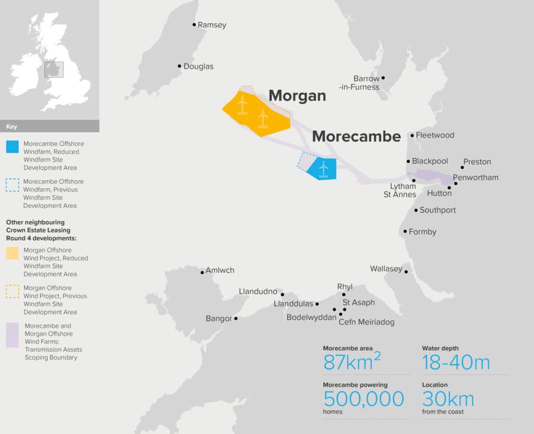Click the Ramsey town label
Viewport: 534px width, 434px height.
212,25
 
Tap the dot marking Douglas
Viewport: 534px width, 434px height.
179,66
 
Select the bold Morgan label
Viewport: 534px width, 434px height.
297,95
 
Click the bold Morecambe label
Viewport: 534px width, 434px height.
356,137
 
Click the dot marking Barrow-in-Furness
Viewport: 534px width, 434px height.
383,78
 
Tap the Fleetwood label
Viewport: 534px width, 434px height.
435,135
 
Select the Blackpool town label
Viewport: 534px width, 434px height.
430,162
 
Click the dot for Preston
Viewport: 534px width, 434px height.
462,167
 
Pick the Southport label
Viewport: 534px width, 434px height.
438,210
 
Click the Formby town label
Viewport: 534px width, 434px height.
422,232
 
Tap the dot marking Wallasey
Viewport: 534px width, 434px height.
406,271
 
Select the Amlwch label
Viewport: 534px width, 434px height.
220,270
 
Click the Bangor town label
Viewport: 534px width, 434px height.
219,318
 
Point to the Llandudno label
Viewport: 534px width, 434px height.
258,291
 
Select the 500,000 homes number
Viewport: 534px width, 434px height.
363,399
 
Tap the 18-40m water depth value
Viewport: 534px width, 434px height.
456,362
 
